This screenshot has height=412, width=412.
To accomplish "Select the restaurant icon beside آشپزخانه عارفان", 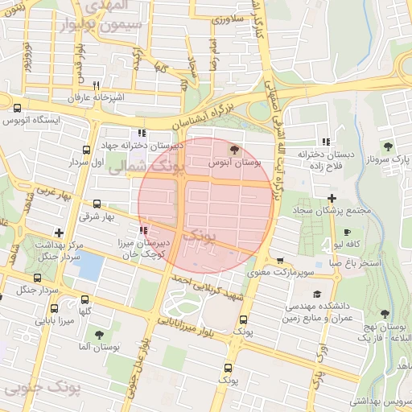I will [x=96, y=85].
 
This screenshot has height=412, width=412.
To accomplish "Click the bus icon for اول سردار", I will [x=86, y=150].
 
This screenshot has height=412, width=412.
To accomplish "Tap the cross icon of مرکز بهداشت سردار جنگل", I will [x=59, y=233].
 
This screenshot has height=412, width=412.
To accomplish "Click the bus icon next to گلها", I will [x=54, y=307].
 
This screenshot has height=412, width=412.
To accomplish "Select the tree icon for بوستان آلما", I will [x=99, y=335].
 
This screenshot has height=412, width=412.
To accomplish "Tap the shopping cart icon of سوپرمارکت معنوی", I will [x=279, y=261].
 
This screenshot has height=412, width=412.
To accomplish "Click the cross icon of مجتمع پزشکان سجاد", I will [x=332, y=198].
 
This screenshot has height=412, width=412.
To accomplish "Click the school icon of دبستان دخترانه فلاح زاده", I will [x=325, y=142].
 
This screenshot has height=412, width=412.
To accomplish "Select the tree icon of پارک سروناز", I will [x=388, y=146].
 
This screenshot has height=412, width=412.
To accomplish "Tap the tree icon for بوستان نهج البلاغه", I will [x=384, y=313].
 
